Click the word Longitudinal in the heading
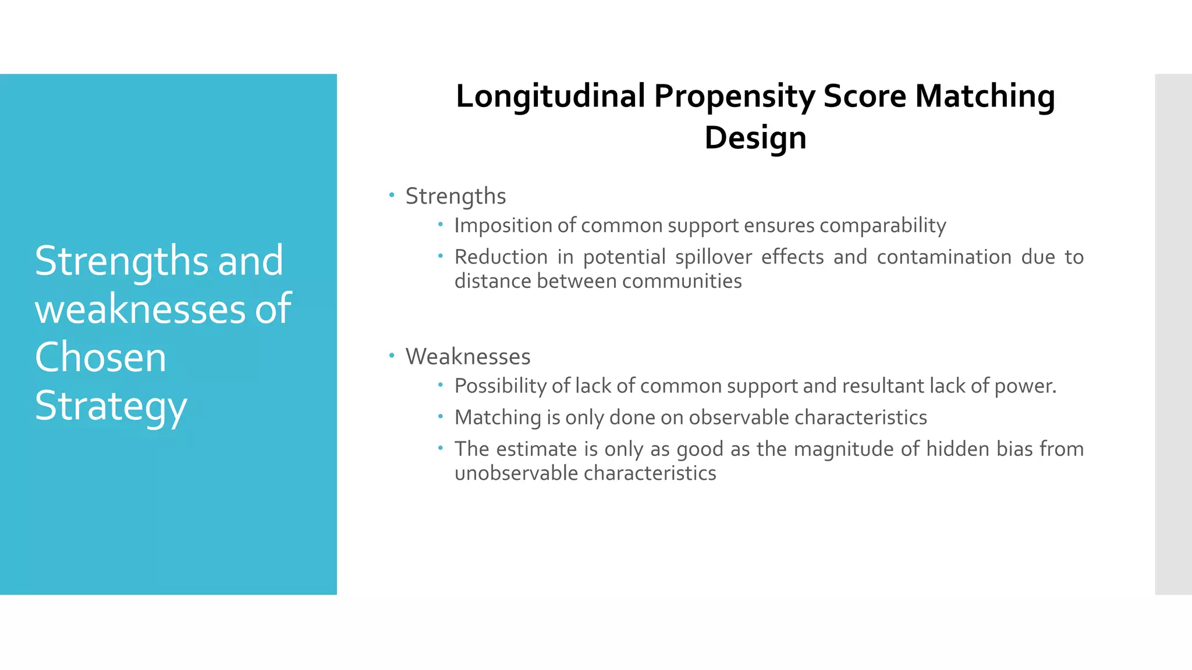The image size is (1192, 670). tap(550, 96)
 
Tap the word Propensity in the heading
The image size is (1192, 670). tap(734, 96)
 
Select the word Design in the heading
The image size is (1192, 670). tap(755, 138)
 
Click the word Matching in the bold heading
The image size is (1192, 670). tap(984, 96)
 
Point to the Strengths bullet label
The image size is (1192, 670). tap(456, 197)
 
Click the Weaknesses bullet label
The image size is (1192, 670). tap(468, 357)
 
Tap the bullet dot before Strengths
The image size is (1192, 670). tap(392, 194)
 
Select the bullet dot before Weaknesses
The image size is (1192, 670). tap(392, 354)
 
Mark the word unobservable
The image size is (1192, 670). tap(515, 473)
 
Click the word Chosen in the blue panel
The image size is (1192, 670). tap(101, 357)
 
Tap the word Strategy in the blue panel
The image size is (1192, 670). tap(111, 406)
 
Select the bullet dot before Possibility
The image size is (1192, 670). tap(441, 384)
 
